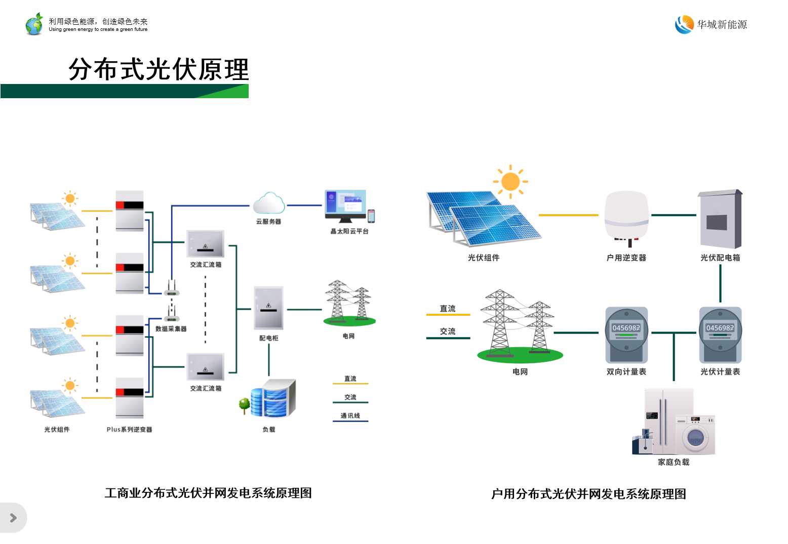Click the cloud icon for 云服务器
pyautogui.click(x=268, y=203)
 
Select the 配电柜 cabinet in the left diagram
pyautogui.click(x=268, y=308)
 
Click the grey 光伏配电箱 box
pyautogui.click(x=720, y=220)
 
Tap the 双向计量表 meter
pyautogui.click(x=626, y=334)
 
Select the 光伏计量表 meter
pyautogui.click(x=720, y=334)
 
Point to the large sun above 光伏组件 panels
pyautogui.click(x=510, y=181)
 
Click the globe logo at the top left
pyautogui.click(x=34, y=24)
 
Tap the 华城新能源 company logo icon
pyautogui.click(x=684, y=24)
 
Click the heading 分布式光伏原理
pyautogui.click(x=159, y=69)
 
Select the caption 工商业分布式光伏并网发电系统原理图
pyautogui.click(x=208, y=493)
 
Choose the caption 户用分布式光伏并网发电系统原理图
pyautogui.click(x=588, y=494)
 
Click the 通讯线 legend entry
pyautogui.click(x=350, y=416)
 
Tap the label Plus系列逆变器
pyautogui.click(x=129, y=430)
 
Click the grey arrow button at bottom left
pyautogui.click(x=13, y=518)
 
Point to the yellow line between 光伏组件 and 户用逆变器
pyautogui.click(x=568, y=215)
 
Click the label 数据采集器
pyautogui.click(x=171, y=329)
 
